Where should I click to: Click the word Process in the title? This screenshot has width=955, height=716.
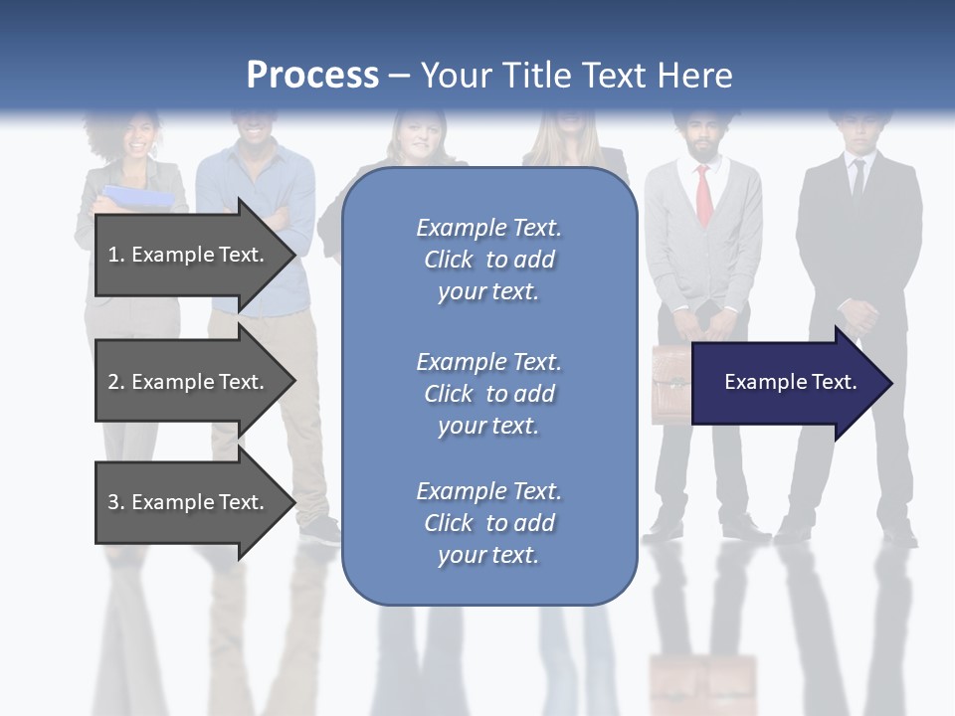tap(312, 76)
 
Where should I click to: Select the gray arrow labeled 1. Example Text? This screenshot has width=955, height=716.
tap(189, 255)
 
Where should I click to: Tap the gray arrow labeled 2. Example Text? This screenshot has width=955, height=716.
tap(189, 382)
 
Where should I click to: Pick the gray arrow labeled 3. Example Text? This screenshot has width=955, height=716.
tap(189, 502)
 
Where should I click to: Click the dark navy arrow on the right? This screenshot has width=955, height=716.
tap(786, 383)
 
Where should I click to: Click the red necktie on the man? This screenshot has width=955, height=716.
tap(703, 194)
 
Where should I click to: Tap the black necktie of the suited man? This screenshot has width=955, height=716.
tap(858, 179)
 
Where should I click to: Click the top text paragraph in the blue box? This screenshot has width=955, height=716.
tap(488, 260)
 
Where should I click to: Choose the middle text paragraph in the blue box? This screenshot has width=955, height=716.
tap(488, 394)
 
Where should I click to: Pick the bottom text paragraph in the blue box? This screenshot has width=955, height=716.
tap(488, 523)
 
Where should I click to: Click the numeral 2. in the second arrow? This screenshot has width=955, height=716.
tap(115, 382)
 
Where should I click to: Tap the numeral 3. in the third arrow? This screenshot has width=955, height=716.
tap(115, 502)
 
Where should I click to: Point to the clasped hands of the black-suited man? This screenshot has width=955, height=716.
tap(858, 316)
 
